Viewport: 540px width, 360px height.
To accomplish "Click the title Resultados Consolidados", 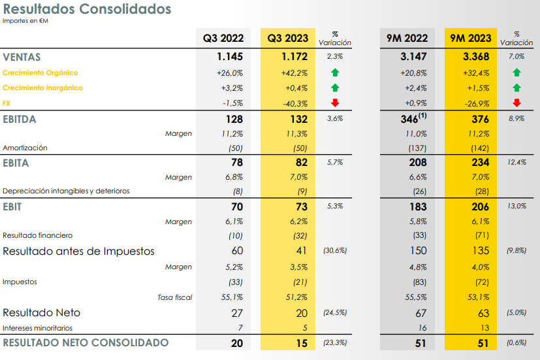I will (x=87, y=9).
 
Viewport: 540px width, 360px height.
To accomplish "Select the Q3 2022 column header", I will (x=223, y=39).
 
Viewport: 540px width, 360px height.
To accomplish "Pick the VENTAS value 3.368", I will (x=475, y=57).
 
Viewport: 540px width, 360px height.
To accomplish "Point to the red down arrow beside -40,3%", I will (x=335, y=103).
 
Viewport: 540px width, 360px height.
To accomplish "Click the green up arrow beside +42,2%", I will (x=335, y=73).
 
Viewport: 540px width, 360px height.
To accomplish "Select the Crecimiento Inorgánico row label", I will (x=42, y=88).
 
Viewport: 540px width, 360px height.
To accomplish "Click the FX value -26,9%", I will (x=476, y=103).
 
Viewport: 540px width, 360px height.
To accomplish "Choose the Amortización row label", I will (x=25, y=148).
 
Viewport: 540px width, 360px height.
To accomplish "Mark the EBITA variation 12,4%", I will (x=516, y=163).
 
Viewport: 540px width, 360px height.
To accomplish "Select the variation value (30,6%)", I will (x=334, y=251).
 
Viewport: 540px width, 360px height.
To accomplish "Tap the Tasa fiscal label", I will (x=175, y=297).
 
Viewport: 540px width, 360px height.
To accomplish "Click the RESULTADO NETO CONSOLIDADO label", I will (x=86, y=343).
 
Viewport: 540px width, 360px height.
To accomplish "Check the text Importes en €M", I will (x=25, y=21).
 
